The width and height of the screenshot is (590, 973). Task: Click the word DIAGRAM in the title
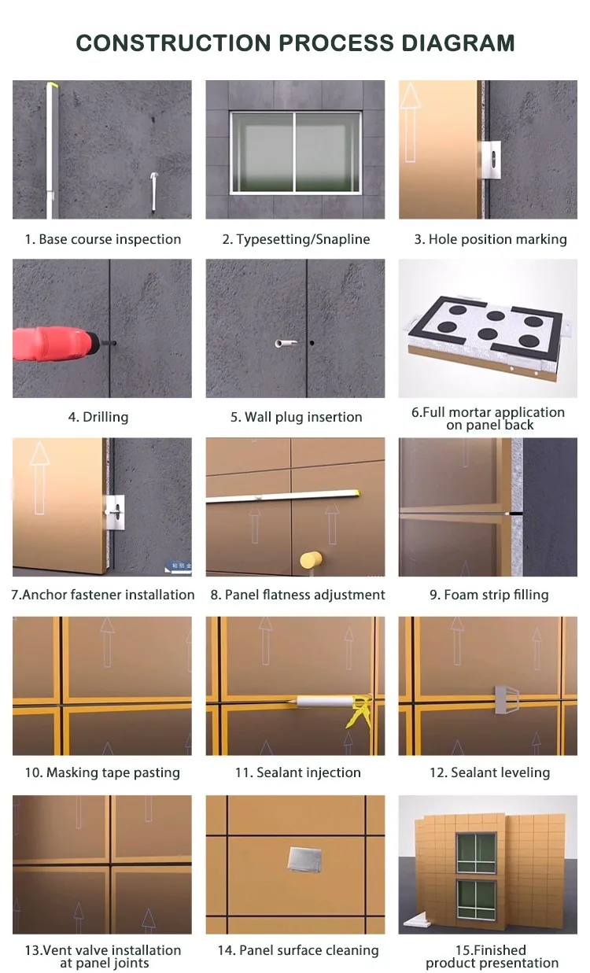coord(458,43)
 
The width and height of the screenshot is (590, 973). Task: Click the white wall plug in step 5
coord(286,344)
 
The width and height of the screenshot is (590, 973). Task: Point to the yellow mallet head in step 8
coord(311,560)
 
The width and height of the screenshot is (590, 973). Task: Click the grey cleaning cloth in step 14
coord(304,859)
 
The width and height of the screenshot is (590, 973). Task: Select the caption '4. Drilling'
coord(98,417)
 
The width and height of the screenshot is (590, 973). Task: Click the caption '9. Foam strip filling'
coord(489,595)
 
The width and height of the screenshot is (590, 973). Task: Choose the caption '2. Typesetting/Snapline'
coord(296,239)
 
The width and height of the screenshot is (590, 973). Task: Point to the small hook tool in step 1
coord(154,191)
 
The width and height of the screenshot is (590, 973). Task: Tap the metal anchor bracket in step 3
coord(492,160)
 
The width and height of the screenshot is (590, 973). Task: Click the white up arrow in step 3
coord(410,123)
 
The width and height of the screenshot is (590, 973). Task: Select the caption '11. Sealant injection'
coord(297,772)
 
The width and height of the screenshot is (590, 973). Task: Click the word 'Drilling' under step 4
coord(105,417)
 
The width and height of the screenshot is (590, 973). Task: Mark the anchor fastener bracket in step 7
coord(115,512)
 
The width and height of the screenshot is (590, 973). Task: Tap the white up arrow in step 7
coord(39,477)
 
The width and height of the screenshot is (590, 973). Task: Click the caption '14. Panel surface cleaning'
coord(298,950)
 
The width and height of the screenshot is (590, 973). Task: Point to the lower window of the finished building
coord(477,900)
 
